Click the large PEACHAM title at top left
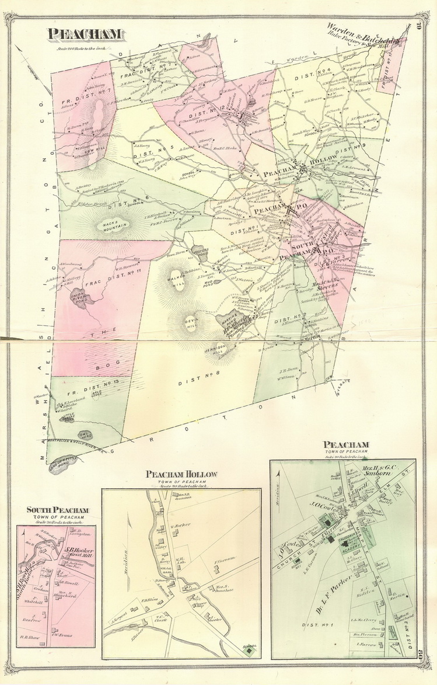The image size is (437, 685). pyautogui.click(x=86, y=34)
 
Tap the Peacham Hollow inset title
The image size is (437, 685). pyautogui.click(x=181, y=474)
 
